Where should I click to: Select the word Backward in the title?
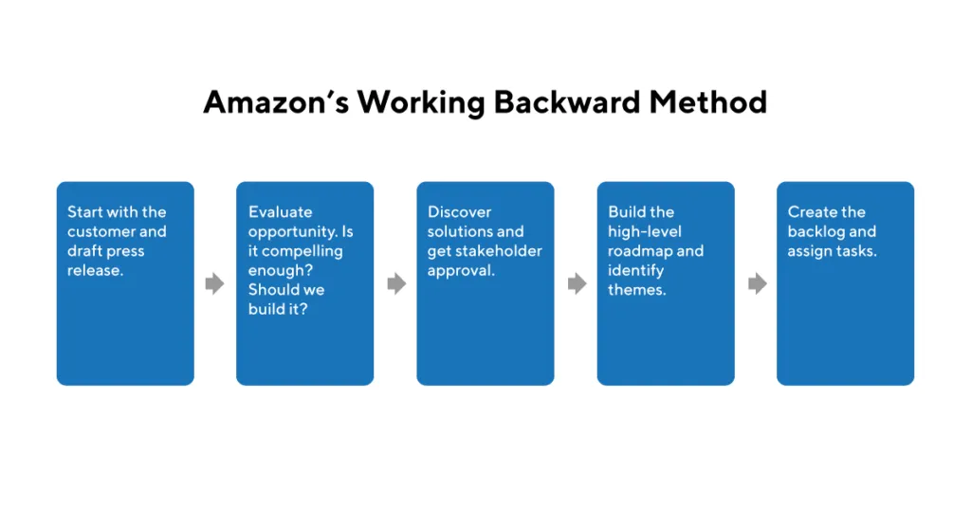(564, 101)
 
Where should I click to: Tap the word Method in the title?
(708, 101)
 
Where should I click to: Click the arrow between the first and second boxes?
(215, 283)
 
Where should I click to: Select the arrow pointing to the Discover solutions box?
(396, 283)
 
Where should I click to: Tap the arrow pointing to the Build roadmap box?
(577, 283)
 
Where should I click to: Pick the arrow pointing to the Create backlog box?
(757, 283)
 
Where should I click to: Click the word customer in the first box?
(102, 232)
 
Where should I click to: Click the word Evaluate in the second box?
(280, 212)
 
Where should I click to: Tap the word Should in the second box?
(272, 290)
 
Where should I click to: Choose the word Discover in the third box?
(459, 212)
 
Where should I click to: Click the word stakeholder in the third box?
(501, 251)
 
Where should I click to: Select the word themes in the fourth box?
(636, 290)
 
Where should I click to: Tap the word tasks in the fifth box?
(855, 251)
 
